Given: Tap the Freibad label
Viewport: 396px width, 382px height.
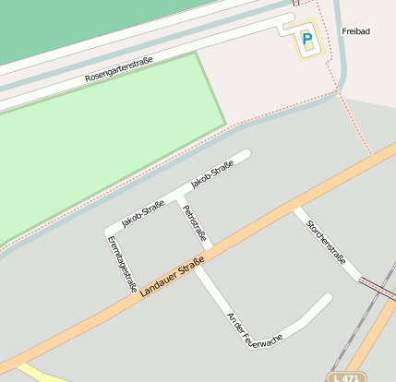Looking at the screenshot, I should [355, 31].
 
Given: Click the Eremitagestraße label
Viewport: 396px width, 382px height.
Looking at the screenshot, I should [122, 262].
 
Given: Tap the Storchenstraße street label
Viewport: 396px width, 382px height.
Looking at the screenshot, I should [327, 242].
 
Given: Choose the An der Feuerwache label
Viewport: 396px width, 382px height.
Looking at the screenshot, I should [254, 330].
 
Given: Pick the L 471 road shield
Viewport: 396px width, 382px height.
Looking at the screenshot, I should [345, 377].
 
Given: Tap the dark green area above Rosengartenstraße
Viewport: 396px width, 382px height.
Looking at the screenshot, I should [74, 23].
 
